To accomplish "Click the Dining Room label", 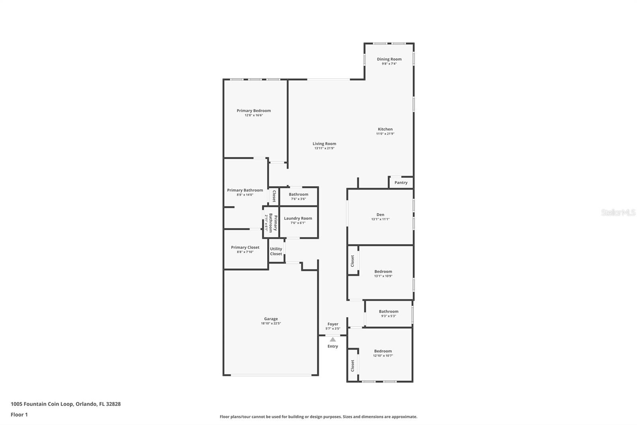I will coord(389,59).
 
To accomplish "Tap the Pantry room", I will coord(401,183).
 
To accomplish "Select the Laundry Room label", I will coord(298,218).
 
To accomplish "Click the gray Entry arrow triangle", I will coord(332,339).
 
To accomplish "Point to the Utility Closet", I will coord(276,251).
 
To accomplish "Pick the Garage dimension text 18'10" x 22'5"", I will coord(271,323).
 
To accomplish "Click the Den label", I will coord(380,214).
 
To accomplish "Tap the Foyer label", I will coord(333,324).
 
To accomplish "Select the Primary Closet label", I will coord(245,247).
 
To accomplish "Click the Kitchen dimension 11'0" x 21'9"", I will coord(385,134).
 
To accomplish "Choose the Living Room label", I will coord(324,144).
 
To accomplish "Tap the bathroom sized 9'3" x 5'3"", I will coord(388,313).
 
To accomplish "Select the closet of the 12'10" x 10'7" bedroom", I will coord(352,366).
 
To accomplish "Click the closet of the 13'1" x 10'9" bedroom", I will coord(352,261).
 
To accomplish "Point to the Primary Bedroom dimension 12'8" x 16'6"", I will coord(254,115).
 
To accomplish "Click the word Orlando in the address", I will coord(85,404).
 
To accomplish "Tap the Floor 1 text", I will coord(19,415).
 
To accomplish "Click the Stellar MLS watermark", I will coord(618,212).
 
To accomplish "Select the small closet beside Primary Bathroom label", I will coord(274,196).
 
